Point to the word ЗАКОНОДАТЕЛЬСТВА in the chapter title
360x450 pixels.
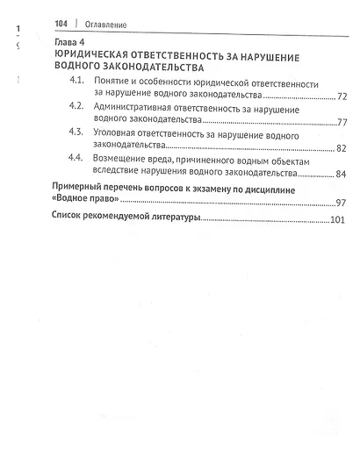point(147,67)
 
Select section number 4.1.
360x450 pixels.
point(78,82)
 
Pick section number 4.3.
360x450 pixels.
point(78,132)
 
